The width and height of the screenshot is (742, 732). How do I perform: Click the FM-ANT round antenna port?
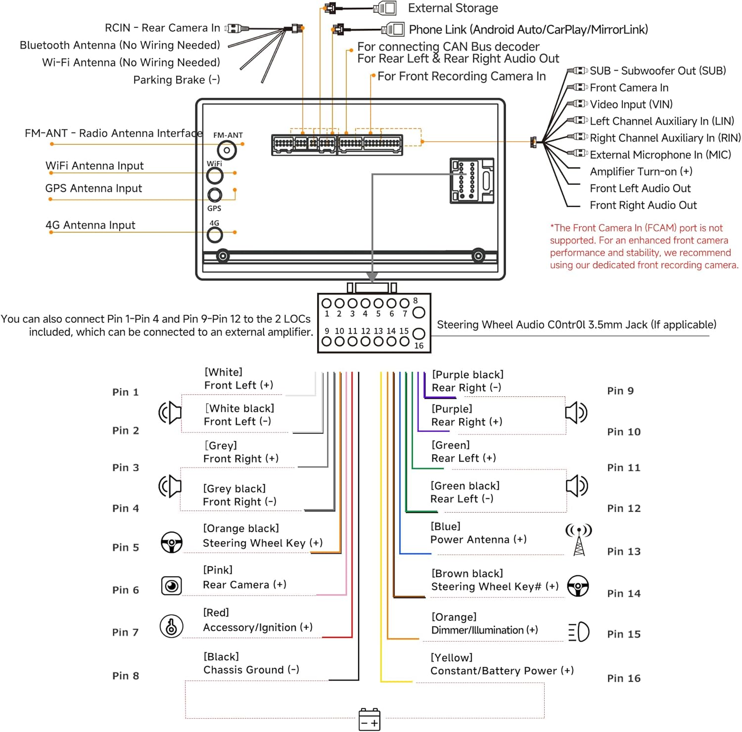227,150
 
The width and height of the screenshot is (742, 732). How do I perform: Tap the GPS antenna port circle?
215,194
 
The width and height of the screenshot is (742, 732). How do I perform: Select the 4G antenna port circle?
215,235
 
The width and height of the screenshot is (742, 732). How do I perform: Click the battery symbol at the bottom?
369,719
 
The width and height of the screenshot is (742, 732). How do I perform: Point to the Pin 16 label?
624,678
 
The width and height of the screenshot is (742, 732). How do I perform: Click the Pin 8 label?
126,676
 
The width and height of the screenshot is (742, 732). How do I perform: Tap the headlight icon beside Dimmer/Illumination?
579,632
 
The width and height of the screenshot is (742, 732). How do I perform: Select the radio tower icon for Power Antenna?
579,540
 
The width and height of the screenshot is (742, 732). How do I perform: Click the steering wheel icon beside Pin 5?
172,542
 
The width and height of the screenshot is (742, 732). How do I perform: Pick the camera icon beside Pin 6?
172,586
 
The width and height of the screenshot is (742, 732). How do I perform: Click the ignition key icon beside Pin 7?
172,626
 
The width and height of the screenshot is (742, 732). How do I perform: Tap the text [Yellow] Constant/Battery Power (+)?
502,664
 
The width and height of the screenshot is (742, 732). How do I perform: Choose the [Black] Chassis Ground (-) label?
251,663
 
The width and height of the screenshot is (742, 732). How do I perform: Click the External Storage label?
453,8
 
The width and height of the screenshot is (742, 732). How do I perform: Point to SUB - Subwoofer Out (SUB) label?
657,71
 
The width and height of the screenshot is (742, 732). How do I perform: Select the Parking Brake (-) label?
177,80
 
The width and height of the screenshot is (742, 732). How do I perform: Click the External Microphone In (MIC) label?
660,155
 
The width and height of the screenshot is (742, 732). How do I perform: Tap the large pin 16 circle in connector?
418,334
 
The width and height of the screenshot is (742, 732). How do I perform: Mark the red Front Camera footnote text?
644,246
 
